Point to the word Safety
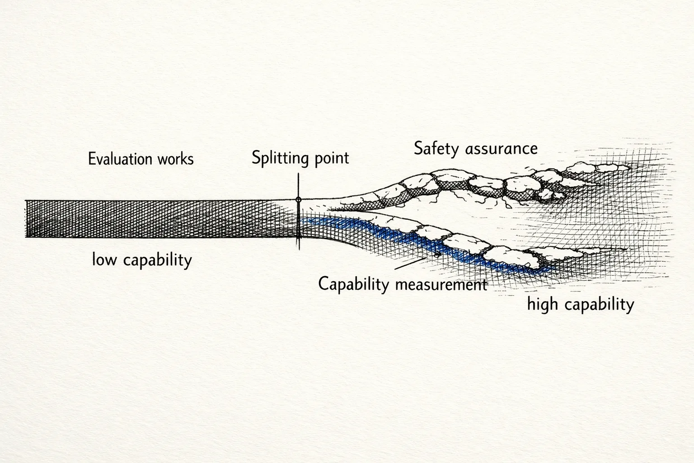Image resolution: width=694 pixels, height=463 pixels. coord(436,149)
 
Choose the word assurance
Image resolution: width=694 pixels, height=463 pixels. coord(502,148)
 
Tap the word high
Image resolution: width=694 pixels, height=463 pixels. coord(542,304)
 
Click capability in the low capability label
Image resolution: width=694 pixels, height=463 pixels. coord(157,260)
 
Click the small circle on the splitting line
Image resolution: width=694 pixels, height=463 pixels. coord(298,199)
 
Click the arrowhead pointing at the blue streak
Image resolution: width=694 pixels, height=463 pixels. coord(437,255)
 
